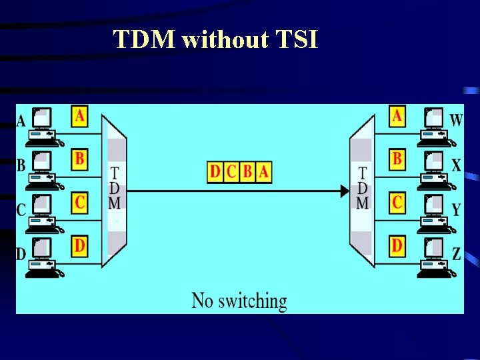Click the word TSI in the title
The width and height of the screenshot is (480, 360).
tap(296, 40)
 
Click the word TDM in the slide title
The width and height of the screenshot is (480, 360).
tap(144, 40)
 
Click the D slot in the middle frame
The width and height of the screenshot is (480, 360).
tap(215, 172)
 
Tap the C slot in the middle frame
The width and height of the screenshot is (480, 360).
tap(231, 172)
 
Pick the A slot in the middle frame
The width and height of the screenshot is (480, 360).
tap(264, 172)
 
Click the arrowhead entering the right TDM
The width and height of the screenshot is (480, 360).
tap(345, 191)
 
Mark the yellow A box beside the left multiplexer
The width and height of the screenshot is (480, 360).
tap(80, 117)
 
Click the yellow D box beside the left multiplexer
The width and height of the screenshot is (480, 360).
tap(80, 246)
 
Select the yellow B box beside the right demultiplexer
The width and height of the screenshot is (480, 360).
tap(397, 159)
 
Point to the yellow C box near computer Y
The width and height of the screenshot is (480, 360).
tap(397, 202)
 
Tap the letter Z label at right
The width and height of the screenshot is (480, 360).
tap(457, 253)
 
